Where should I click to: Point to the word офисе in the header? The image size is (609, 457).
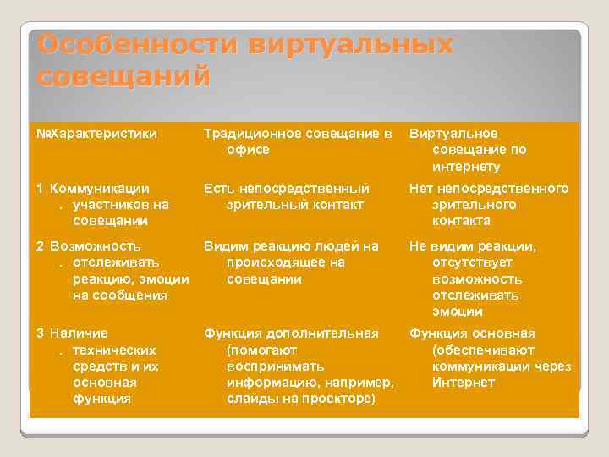coord(248,150)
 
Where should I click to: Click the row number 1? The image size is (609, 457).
coord(40,189)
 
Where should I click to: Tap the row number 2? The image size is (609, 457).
coord(40,246)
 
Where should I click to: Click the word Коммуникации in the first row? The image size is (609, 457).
coord(99,189)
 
